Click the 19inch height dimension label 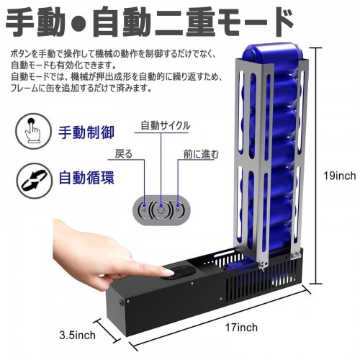340,176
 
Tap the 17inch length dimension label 241,328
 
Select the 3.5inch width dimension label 77,335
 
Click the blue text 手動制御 86,132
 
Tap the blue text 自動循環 86,178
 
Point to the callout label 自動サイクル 166,125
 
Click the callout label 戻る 124,154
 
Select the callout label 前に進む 201,154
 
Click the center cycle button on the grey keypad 161,210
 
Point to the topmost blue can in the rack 271,55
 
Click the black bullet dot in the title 79,23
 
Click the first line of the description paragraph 114,54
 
